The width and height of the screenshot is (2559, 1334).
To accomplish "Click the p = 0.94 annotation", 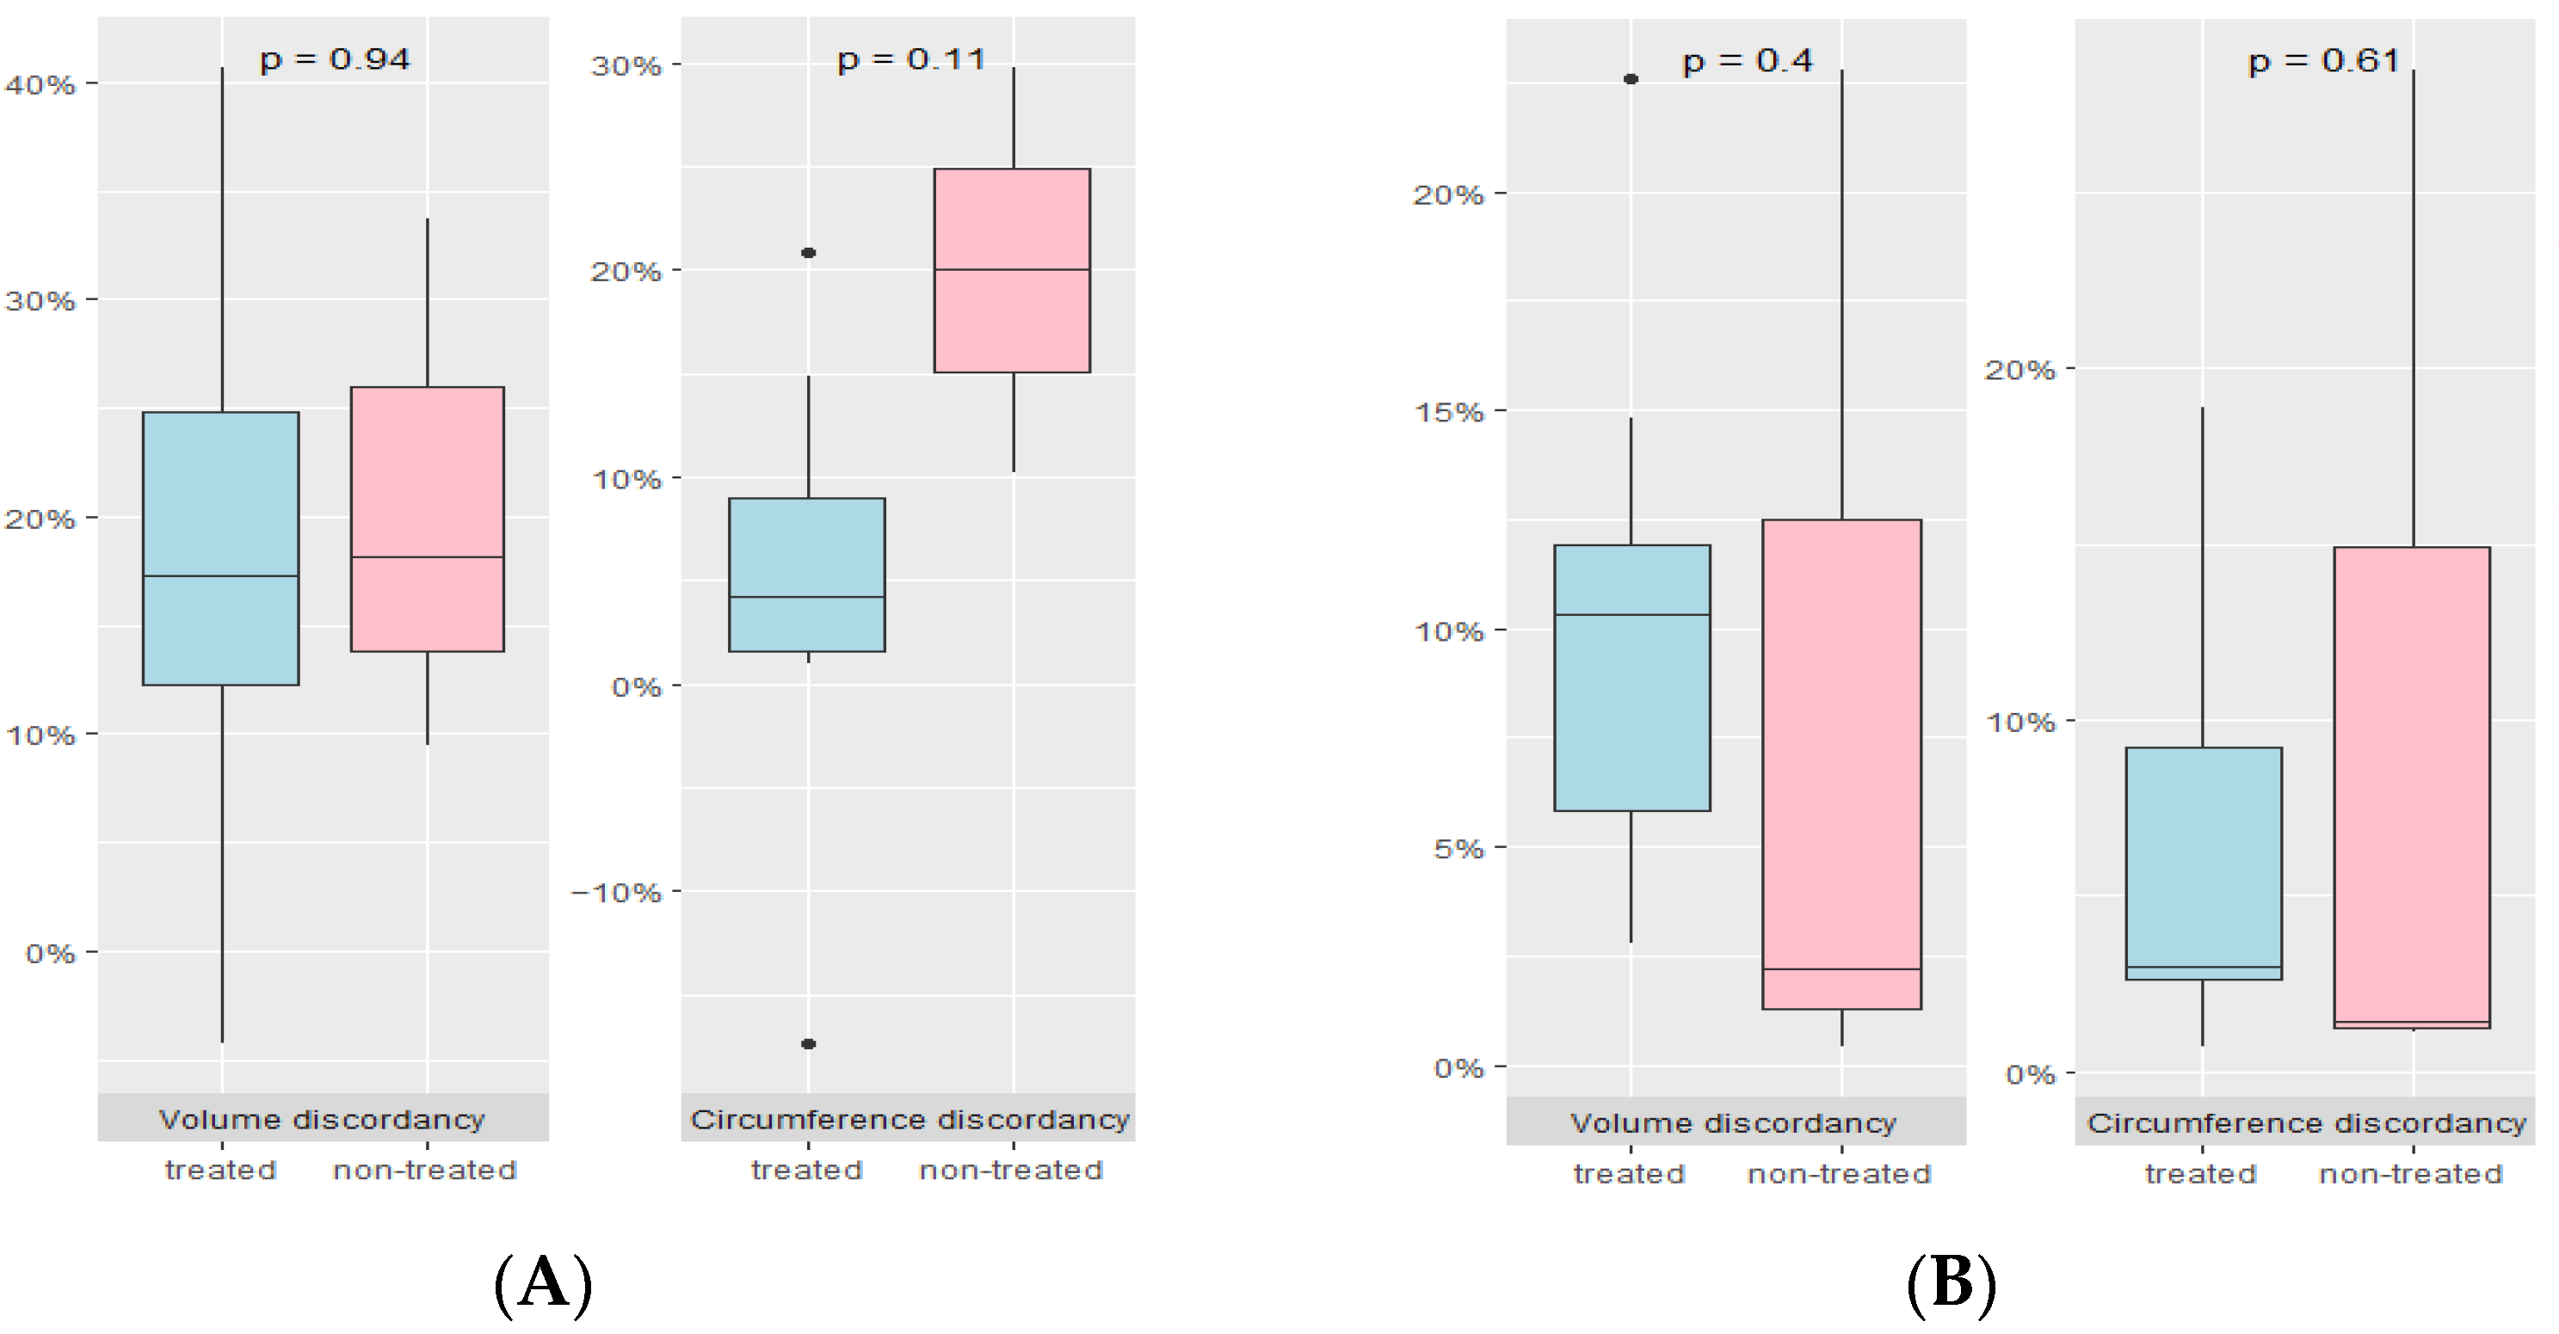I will click(335, 59).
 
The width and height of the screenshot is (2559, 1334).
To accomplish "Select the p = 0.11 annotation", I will click(911, 59).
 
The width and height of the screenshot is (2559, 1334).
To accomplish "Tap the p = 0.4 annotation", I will click(1747, 62).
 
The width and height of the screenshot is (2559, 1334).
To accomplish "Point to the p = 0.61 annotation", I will click(2322, 62).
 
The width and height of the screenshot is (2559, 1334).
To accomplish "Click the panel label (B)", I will click(1951, 1283).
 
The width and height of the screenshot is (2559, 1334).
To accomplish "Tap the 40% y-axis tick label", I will click(40, 84).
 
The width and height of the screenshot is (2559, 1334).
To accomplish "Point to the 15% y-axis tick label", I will click(1448, 411).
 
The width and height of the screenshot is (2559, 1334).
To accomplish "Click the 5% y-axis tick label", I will click(1458, 848).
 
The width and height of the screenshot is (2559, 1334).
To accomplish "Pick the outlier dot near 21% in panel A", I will click(809, 253).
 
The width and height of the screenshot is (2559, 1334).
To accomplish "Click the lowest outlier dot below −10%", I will click(809, 1044).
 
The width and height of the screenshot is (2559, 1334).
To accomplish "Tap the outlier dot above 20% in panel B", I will click(1631, 79).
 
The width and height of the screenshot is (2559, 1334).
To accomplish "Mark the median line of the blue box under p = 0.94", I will click(220, 576).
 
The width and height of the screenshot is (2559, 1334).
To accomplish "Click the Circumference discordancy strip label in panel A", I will click(909, 1120).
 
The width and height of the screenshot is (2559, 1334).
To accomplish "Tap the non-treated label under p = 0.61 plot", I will click(2411, 1174).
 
